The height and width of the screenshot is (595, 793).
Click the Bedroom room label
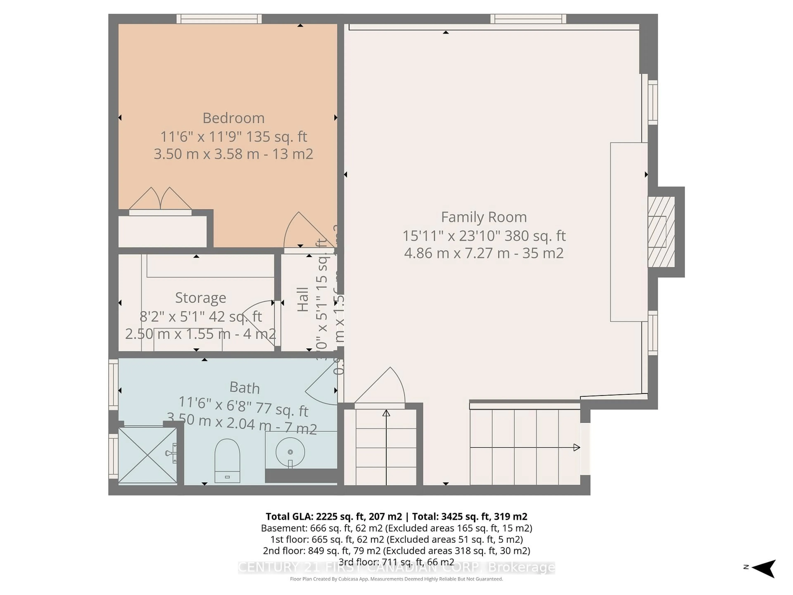[233, 118]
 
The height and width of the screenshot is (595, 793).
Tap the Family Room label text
[484, 217]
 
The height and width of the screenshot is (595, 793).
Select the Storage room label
[200, 298]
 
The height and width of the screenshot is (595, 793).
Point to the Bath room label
[245, 387]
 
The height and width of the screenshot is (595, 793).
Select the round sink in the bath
[290, 452]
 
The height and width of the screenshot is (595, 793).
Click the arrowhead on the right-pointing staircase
[576, 447]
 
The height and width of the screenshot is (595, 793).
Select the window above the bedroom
[219, 19]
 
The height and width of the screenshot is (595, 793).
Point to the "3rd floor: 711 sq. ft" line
[396, 562]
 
